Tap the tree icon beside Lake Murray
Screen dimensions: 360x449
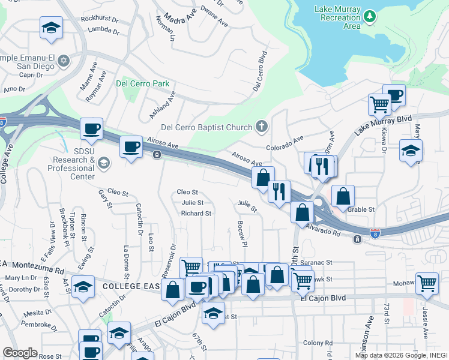(x=371, y=14)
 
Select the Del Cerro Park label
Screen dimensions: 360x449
(x=143, y=84)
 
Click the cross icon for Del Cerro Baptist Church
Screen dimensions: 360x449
(x=261, y=126)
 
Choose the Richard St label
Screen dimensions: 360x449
(x=196, y=213)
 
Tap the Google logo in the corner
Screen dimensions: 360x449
(x=20, y=352)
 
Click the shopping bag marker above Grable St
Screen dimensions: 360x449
(x=343, y=196)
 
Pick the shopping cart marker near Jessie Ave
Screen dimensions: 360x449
(x=427, y=283)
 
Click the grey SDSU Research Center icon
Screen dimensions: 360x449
(x=103, y=163)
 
